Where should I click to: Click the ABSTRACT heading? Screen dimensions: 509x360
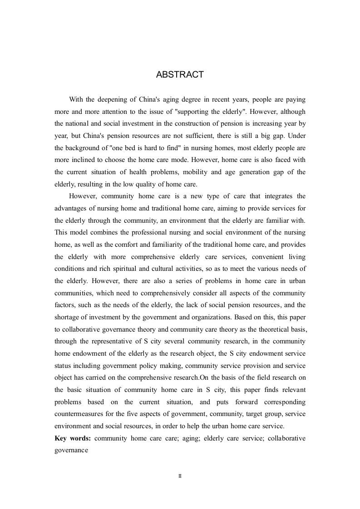[180, 75]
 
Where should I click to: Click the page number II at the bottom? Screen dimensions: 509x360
[180, 476]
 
